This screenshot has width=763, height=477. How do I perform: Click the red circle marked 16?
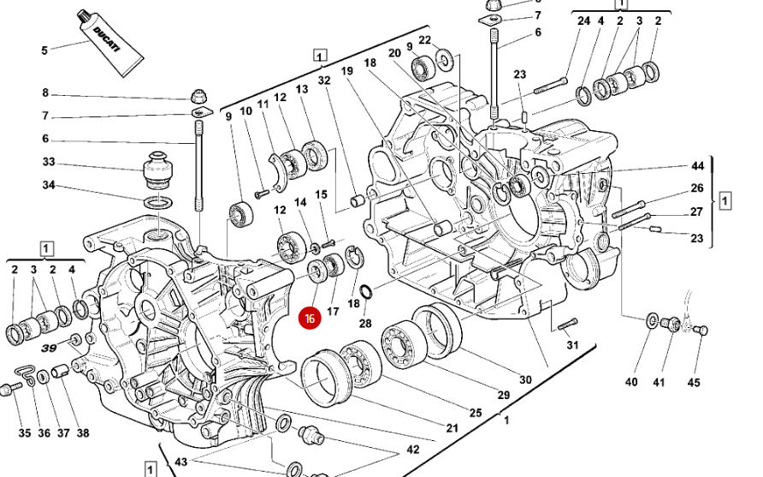coord(310,319)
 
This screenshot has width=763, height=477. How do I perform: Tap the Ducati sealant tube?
coord(110,44)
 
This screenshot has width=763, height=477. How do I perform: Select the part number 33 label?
coord(49,162)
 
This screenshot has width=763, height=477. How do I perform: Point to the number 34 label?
coord(49,185)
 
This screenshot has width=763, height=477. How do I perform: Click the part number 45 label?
coord(694,383)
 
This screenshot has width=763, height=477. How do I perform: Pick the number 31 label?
coord(573,345)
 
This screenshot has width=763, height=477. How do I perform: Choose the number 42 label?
coord(412,450)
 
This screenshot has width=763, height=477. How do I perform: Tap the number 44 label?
coord(697,166)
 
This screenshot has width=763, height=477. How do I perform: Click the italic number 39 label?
coord(49,349)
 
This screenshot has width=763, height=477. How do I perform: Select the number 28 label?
coord(365,324)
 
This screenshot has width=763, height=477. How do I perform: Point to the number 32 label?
coord(324,80)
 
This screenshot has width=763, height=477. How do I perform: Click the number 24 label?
coord(583,21)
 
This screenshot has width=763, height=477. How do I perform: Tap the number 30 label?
coord(525,379)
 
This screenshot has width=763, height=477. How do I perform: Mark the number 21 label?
coord(452,428)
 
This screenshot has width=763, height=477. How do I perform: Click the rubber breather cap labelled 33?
coord(158,170)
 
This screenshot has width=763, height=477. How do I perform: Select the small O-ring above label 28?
coord(365,292)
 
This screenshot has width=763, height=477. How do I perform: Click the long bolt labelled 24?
coord(550,86)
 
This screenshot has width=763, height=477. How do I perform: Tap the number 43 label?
coord(180,462)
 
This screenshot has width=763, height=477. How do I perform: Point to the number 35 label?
coord(24,433)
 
